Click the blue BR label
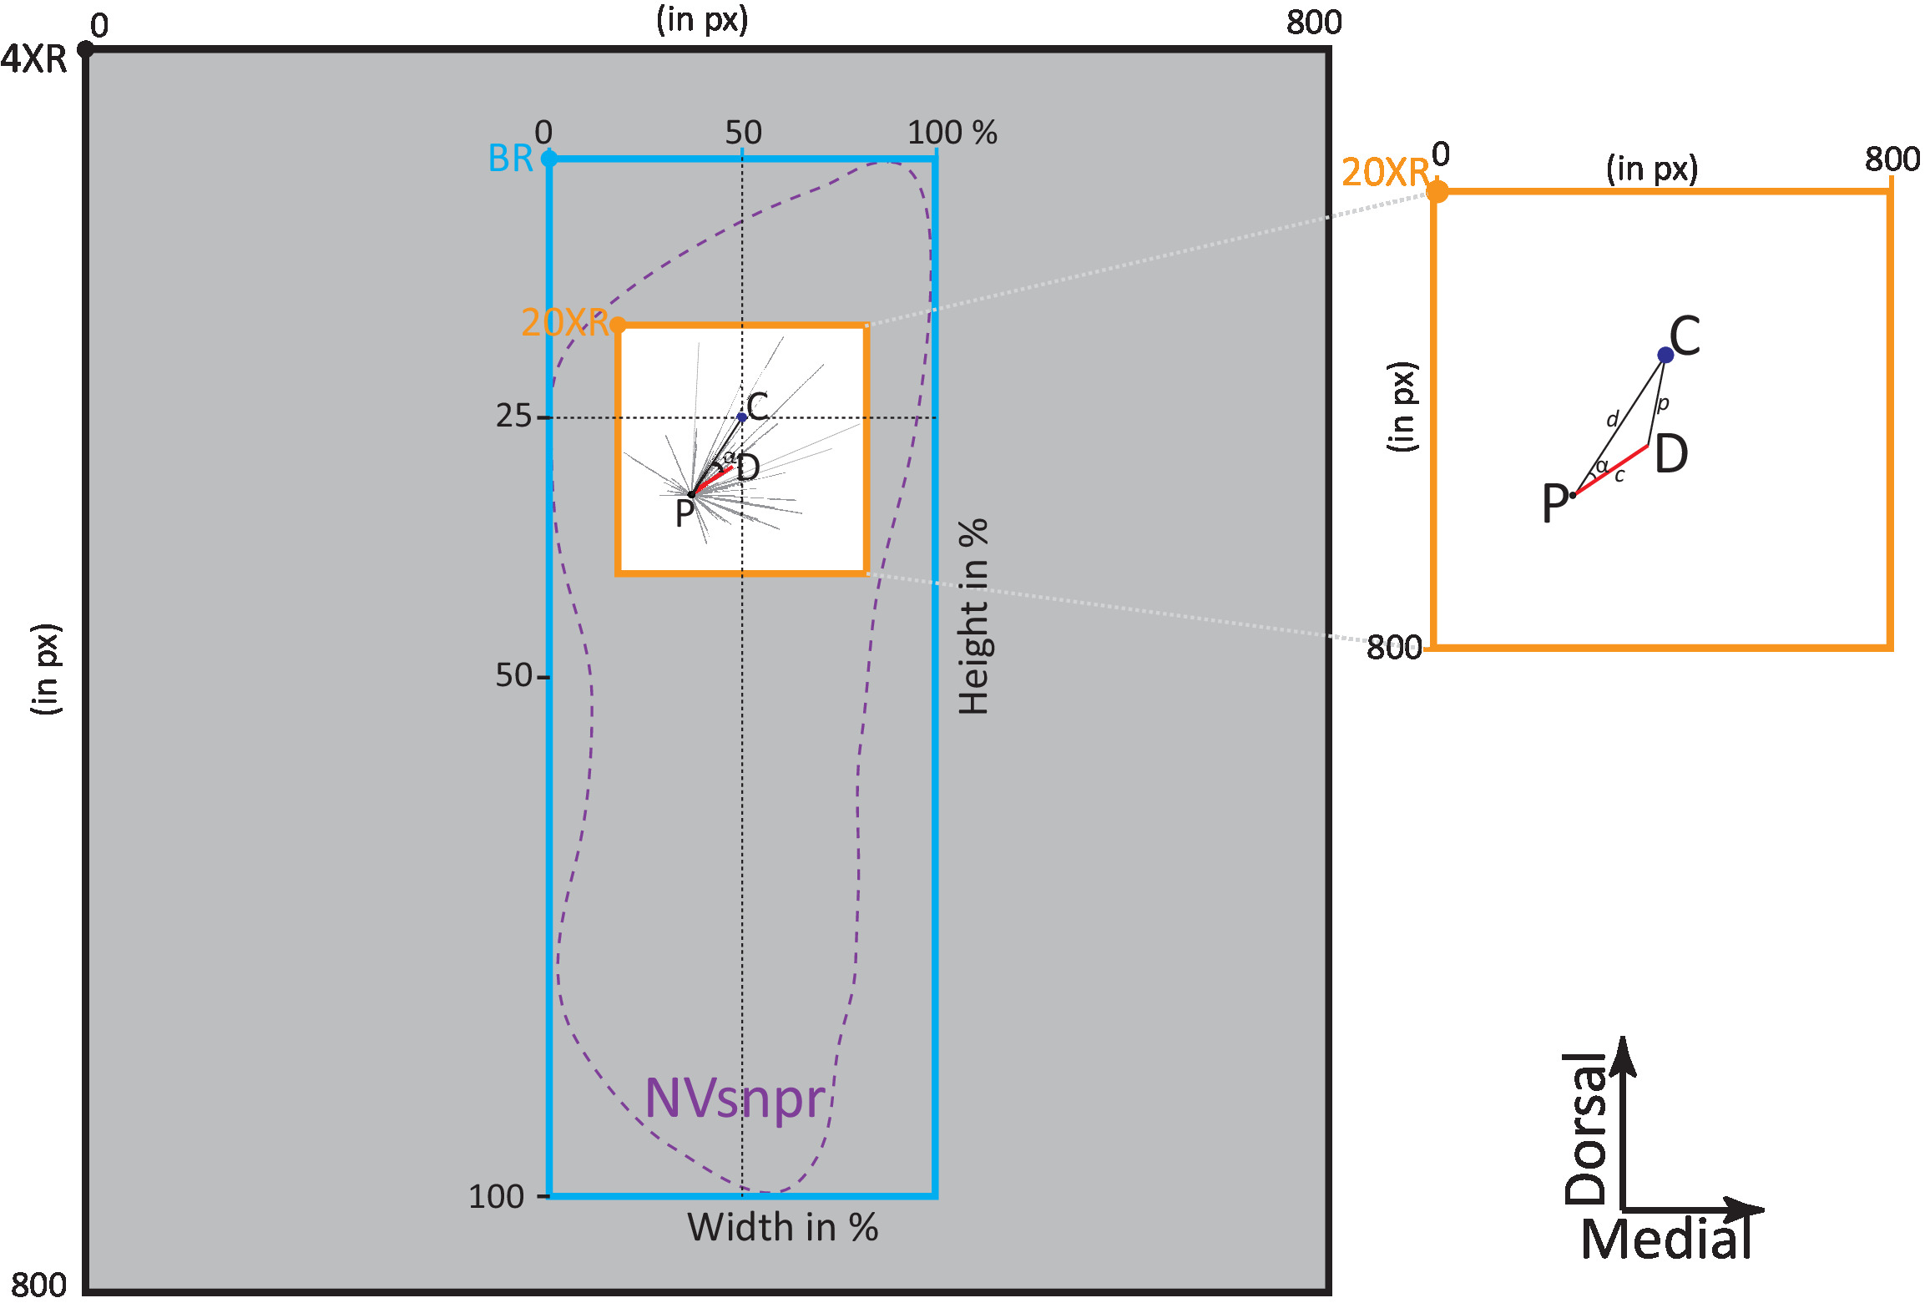510,159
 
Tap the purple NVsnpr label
735,1098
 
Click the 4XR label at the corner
33,60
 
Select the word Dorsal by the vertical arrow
1585,1129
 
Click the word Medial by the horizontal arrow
1666,1240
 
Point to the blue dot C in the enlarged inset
1665,356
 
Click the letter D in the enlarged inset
1671,455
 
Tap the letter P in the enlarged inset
1554,504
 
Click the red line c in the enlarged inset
1611,471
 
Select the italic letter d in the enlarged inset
1613,419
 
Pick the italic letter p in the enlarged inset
1663,404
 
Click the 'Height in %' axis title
973,618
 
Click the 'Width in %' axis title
782,1228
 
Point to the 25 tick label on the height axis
513,416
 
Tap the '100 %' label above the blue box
952,133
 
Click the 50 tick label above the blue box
743,133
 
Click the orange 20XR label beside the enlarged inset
1385,173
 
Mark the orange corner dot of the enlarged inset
1437,192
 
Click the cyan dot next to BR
549,159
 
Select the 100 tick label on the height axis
496,1197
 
